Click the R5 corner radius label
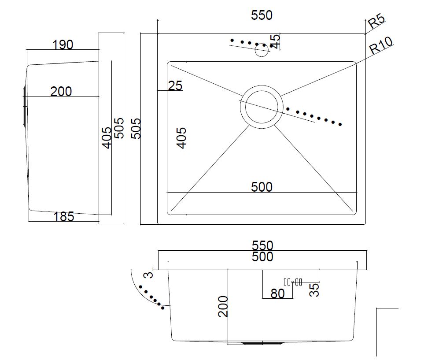click(x=376, y=21)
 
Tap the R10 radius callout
click(x=380, y=45)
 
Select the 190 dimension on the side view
click(x=63, y=45)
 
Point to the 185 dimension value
click(x=64, y=217)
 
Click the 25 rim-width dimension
click(x=175, y=85)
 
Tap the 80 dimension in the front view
click(x=277, y=293)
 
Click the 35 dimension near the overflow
click(x=314, y=289)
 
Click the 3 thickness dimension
click(x=149, y=275)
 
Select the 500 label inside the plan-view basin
click(x=262, y=187)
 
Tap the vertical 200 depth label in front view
click(x=223, y=306)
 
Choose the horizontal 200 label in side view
click(x=61, y=92)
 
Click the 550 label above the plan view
click(x=262, y=15)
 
